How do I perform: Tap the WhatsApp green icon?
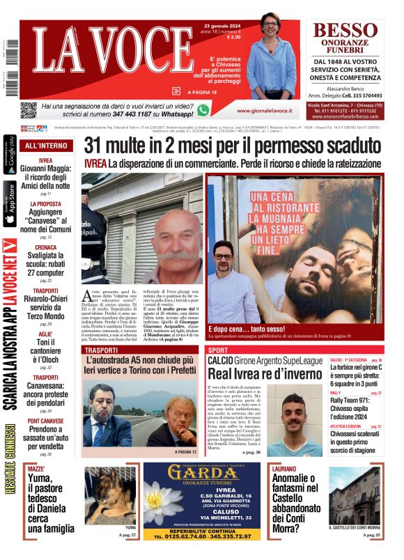(203, 109)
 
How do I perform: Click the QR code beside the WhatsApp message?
(29, 109)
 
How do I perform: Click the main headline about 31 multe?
(233, 146)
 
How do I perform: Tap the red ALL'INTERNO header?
(46, 146)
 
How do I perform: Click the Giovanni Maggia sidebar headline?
(45, 176)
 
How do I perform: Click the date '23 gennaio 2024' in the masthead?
(215, 25)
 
